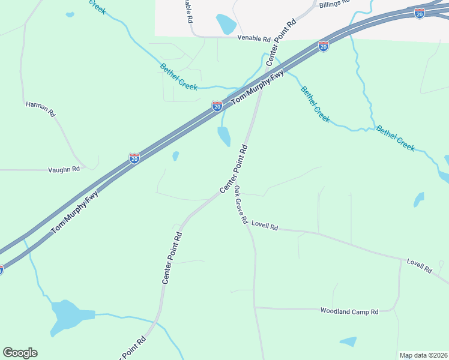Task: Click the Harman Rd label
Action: pyautogui.click(x=40, y=109)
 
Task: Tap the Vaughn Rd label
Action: pyautogui.click(x=64, y=170)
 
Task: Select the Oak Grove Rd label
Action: pyautogui.click(x=241, y=205)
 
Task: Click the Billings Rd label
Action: pyautogui.click(x=334, y=4)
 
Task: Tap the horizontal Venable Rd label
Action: pyautogui.click(x=254, y=38)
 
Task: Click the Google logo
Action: pyautogui.click(x=20, y=353)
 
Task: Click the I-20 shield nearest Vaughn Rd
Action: pyautogui.click(x=134, y=158)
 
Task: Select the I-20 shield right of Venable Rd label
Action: pyautogui.click(x=323, y=46)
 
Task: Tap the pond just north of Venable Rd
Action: pyautogui.click(x=226, y=24)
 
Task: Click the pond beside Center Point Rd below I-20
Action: pyautogui.click(x=224, y=136)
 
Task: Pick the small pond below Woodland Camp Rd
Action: pyautogui.click(x=348, y=342)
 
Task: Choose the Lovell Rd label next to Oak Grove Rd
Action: pyautogui.click(x=265, y=226)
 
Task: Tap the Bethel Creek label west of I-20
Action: pyautogui.click(x=179, y=77)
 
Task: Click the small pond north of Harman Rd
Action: pyautogui.click(x=70, y=14)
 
